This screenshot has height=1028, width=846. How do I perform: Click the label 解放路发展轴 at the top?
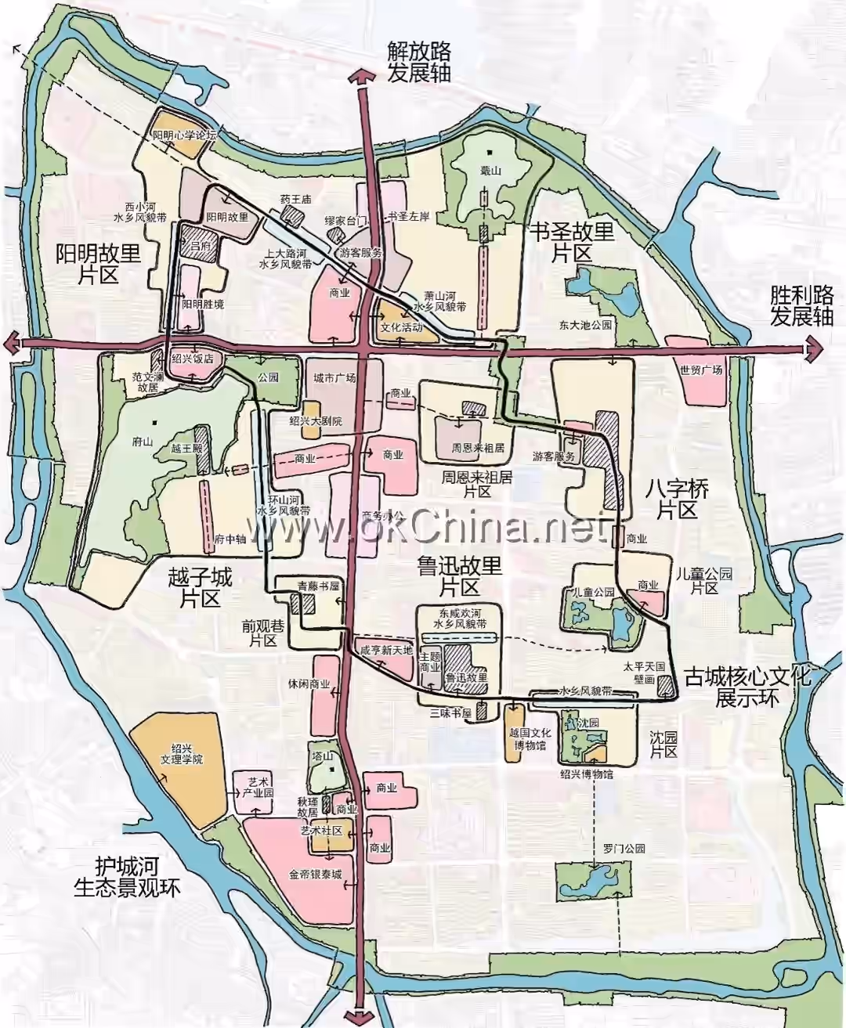pos(418,62)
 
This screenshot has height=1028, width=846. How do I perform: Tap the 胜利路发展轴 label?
pos(801,306)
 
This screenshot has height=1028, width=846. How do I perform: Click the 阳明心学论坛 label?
pos(183,135)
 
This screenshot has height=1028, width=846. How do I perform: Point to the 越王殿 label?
pos(186,449)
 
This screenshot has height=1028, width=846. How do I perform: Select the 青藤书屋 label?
pos(318,586)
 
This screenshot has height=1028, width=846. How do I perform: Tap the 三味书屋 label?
pos(450,713)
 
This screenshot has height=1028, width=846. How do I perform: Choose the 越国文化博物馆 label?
pos(530,739)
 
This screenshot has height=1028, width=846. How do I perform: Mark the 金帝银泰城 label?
pos(315,875)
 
